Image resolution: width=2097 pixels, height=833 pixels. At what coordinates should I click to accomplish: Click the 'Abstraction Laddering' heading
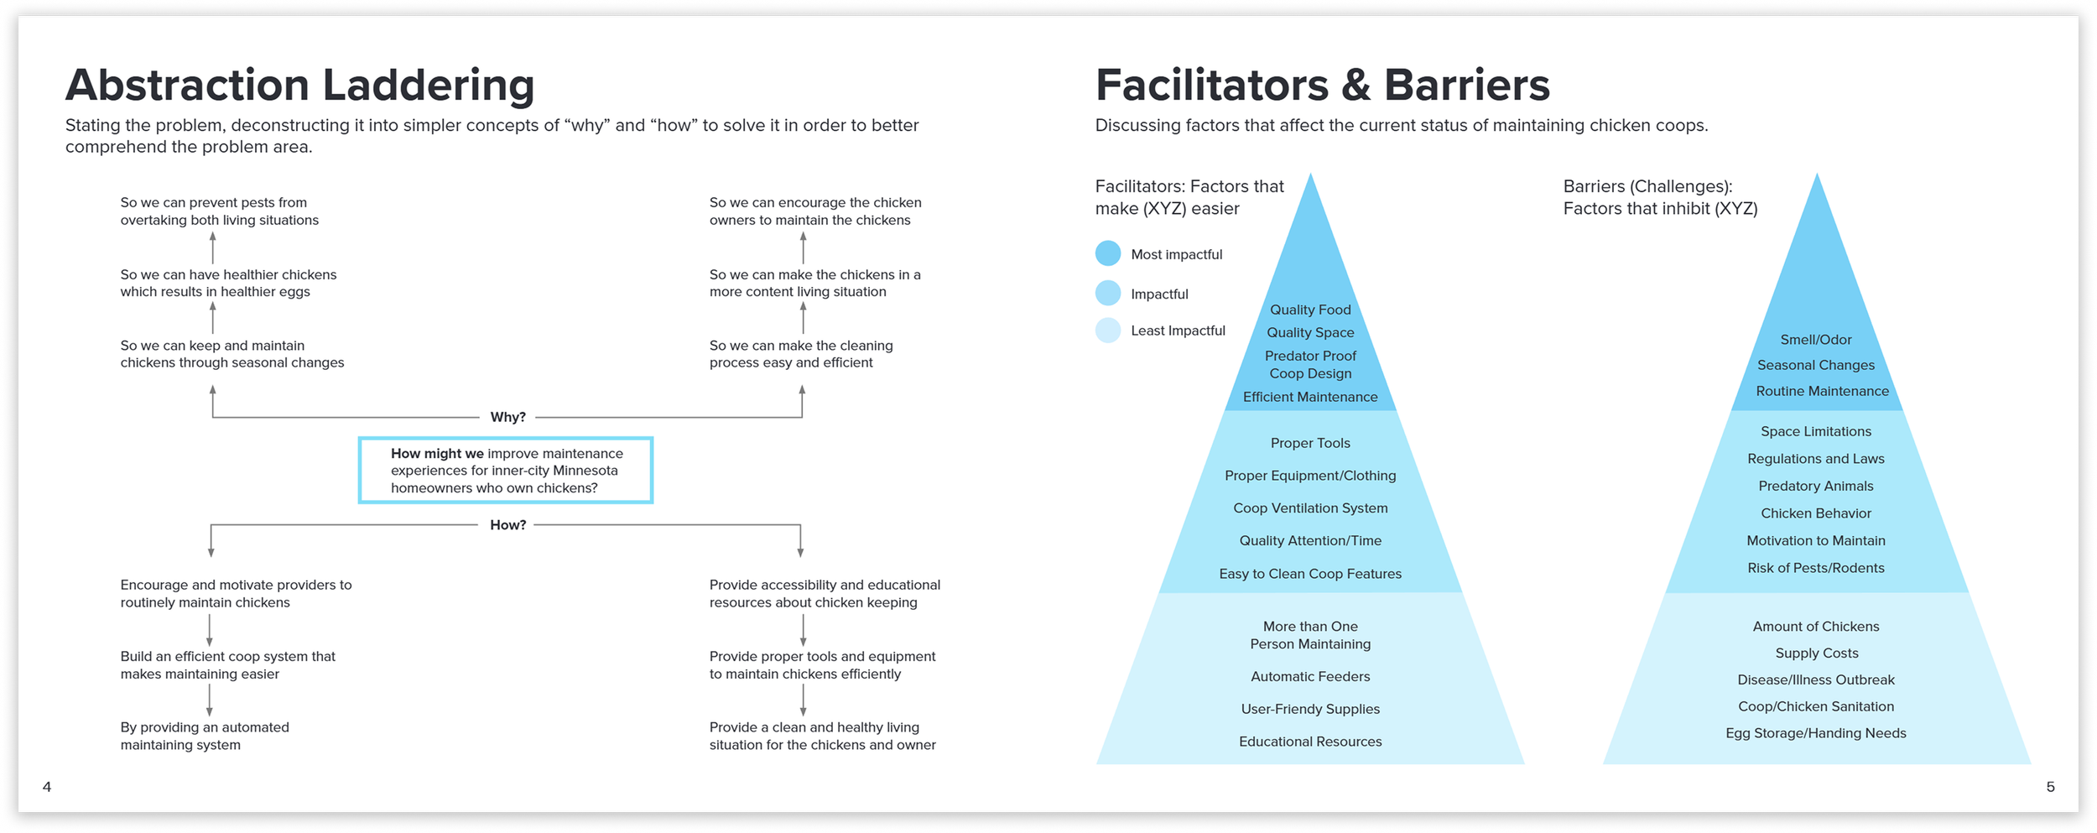pyautogui.click(x=299, y=85)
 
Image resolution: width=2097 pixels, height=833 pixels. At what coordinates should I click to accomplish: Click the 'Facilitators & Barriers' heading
pyautogui.click(x=1322, y=85)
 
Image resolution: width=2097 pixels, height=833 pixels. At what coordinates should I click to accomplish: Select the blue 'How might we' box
pyautogui.click(x=505, y=470)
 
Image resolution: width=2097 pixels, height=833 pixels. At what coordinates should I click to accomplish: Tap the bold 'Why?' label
pyautogui.click(x=507, y=417)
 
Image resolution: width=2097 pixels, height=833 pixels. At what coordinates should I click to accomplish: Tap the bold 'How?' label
pyautogui.click(x=507, y=525)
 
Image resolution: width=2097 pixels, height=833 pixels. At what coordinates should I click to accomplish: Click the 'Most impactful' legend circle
pyautogui.click(x=1108, y=253)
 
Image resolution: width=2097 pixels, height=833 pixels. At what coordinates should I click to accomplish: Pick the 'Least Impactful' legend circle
pyautogui.click(x=1108, y=331)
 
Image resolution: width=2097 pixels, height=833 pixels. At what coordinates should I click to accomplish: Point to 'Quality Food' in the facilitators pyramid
pyautogui.click(x=1310, y=310)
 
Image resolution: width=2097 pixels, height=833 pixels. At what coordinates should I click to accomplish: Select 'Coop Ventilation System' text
pyautogui.click(x=1310, y=508)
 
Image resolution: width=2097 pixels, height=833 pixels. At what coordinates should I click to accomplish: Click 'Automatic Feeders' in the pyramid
pyautogui.click(x=1310, y=676)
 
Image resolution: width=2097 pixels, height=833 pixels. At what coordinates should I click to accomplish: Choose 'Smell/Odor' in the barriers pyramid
pyautogui.click(x=1816, y=340)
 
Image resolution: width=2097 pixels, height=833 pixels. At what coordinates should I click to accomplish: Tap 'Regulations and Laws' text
pyautogui.click(x=1816, y=459)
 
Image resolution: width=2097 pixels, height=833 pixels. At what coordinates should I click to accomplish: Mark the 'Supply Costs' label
pyautogui.click(x=1817, y=653)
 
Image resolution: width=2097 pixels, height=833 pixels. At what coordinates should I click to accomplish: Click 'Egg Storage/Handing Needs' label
pyautogui.click(x=1816, y=733)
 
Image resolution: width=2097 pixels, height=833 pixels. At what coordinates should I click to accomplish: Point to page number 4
pyautogui.click(x=47, y=787)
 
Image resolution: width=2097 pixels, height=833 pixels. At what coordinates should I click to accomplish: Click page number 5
pyautogui.click(x=2050, y=787)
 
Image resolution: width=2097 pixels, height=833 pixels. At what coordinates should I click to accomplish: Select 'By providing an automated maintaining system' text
pyautogui.click(x=205, y=736)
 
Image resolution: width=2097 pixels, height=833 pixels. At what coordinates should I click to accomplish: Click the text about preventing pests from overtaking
pyautogui.click(x=219, y=211)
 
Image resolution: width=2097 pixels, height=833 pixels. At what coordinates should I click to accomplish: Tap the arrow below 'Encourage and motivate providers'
pyautogui.click(x=210, y=630)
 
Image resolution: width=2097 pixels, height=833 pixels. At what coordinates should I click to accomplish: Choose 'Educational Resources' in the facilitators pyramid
pyautogui.click(x=1310, y=742)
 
